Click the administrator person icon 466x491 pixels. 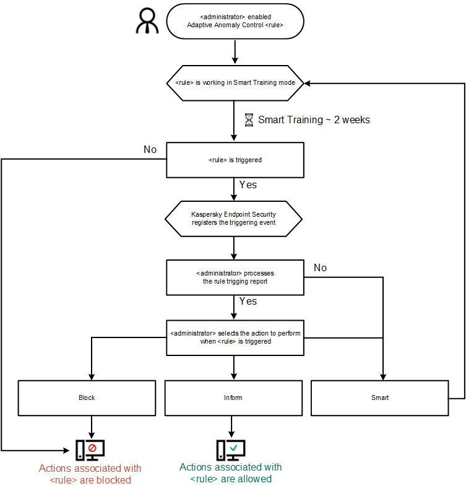tap(148, 20)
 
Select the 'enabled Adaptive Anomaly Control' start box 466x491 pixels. tap(235, 22)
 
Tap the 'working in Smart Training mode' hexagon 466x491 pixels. tap(235, 82)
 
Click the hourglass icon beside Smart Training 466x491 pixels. tap(249, 119)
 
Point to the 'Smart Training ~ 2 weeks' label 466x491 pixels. tap(314, 119)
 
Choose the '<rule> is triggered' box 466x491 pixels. tap(235, 160)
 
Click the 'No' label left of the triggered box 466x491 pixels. tap(150, 149)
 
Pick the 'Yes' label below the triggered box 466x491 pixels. tap(248, 185)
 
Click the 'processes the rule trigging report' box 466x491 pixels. tap(235, 277)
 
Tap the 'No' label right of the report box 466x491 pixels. tap(320, 267)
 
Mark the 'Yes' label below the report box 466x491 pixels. tap(248, 302)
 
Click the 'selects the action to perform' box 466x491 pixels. tap(235, 337)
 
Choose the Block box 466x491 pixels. tap(87, 398)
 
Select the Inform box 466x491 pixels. tap(233, 398)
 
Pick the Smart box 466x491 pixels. tap(379, 398)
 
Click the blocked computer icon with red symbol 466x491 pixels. tap(90, 448)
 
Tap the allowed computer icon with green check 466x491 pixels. tap(231, 448)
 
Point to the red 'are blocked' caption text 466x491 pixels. tap(90, 474)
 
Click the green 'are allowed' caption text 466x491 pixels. tap(230, 472)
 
